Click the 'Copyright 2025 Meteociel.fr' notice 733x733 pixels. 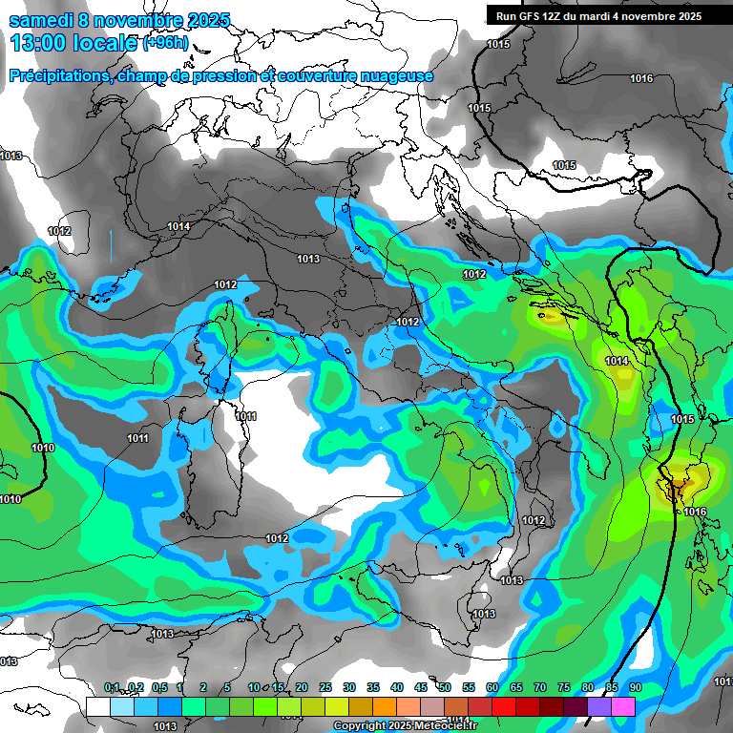405,725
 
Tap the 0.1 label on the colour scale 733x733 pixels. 112,687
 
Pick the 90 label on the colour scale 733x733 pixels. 635,687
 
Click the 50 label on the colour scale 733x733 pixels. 445,687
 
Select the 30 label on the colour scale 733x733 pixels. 349,687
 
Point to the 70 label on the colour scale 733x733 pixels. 540,687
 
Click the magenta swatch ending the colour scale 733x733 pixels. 623,706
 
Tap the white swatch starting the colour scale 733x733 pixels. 97,706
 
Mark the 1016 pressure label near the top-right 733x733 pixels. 641,78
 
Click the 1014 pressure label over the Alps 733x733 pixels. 178,226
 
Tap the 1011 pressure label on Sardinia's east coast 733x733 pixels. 245,416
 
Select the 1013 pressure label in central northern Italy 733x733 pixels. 307,259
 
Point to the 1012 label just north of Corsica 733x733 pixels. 225,284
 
